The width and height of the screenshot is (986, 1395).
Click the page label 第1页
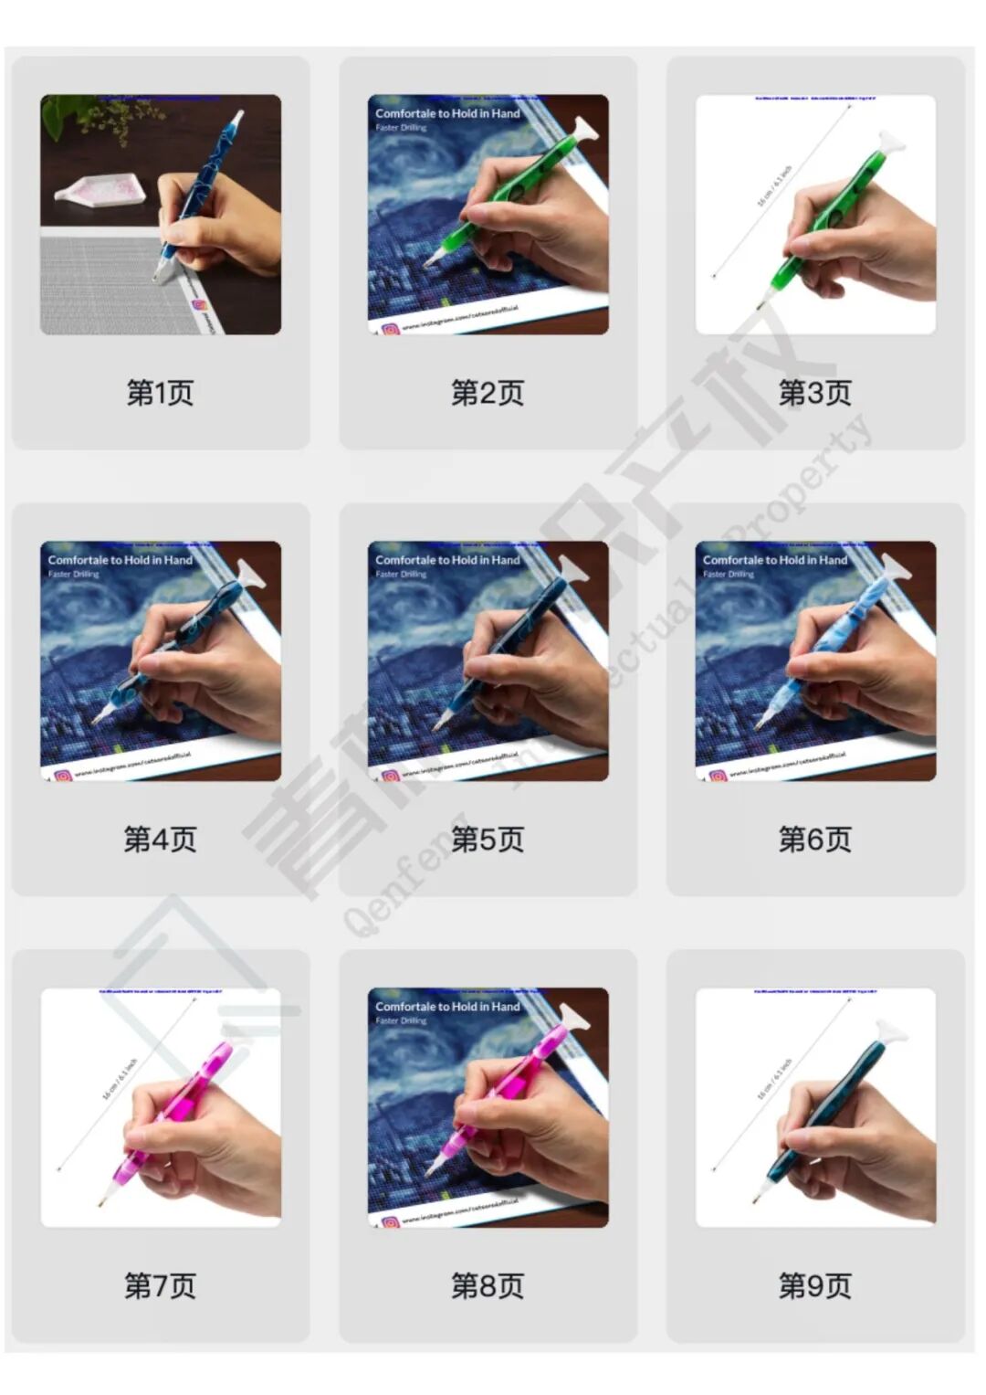[160, 393]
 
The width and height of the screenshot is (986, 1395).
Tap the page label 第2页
[488, 393]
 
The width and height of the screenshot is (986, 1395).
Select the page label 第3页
[814, 393]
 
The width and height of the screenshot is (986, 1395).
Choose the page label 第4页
[160, 839]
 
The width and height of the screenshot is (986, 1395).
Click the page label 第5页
[488, 839]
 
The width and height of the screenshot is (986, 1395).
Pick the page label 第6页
[814, 839]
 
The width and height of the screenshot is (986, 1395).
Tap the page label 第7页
[160, 1285]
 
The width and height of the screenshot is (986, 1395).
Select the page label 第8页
[488, 1285]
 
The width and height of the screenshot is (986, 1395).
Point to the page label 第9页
[814, 1285]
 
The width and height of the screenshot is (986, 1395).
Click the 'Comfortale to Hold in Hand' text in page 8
[447, 1006]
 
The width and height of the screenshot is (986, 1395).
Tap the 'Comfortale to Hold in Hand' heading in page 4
[120, 560]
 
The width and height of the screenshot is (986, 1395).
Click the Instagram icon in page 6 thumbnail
[718, 776]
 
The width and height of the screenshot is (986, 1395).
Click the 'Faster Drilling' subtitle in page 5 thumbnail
[401, 575]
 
